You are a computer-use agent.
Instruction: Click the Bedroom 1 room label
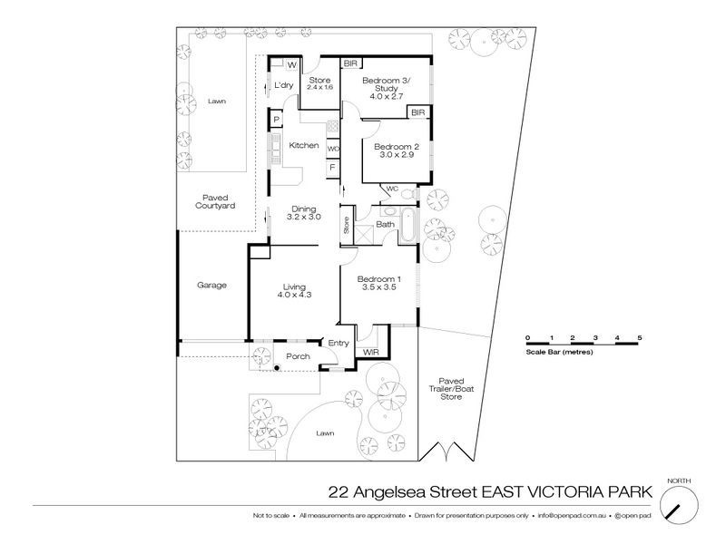379,282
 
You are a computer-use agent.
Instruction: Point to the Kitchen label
303,145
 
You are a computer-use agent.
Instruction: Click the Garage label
211,285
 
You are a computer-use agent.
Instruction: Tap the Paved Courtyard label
215,201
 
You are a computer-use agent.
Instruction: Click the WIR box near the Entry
369,351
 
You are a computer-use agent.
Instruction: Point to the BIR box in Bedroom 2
417,112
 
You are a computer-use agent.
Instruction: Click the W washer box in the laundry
292,65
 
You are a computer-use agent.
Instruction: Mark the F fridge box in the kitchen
333,168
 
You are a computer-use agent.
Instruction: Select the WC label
392,189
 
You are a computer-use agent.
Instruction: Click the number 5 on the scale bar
640,337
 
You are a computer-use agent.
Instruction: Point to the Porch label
299,356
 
